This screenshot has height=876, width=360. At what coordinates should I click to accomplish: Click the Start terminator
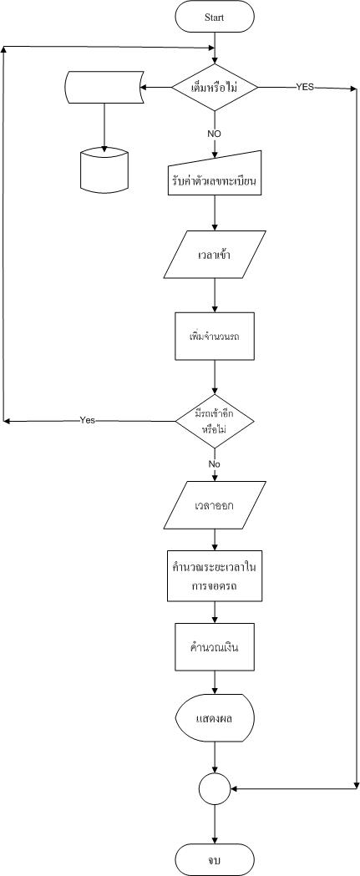[x=215, y=17]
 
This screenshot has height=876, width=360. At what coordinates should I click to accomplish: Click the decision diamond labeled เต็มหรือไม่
[x=215, y=87]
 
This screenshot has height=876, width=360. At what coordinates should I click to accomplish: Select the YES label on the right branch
[x=305, y=87]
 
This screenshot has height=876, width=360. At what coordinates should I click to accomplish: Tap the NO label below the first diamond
[x=215, y=134]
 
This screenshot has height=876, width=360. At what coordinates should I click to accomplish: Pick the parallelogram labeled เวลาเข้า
[x=215, y=255]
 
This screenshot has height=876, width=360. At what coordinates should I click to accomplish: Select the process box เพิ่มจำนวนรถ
[x=215, y=336]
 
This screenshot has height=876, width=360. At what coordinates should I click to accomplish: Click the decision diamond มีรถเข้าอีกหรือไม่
[x=215, y=421]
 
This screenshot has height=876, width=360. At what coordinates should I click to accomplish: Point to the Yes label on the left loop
[x=87, y=419]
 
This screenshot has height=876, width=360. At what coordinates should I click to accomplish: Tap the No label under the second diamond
[x=215, y=463]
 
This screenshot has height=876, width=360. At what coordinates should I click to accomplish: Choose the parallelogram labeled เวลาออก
[x=215, y=505]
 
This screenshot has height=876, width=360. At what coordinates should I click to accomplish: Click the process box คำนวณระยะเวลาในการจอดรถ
[x=215, y=575]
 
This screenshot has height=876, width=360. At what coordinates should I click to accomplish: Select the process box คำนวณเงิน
[x=215, y=646]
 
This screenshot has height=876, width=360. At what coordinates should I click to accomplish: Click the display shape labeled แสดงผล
[x=215, y=718]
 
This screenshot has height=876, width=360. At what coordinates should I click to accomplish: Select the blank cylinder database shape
[x=104, y=170]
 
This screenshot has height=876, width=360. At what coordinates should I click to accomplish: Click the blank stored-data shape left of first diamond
[x=104, y=87]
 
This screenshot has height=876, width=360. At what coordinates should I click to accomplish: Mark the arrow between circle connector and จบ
[x=215, y=824]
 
